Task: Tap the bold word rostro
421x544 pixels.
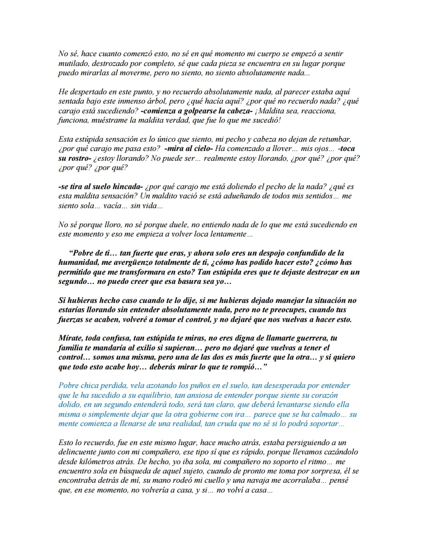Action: click(79, 159)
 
